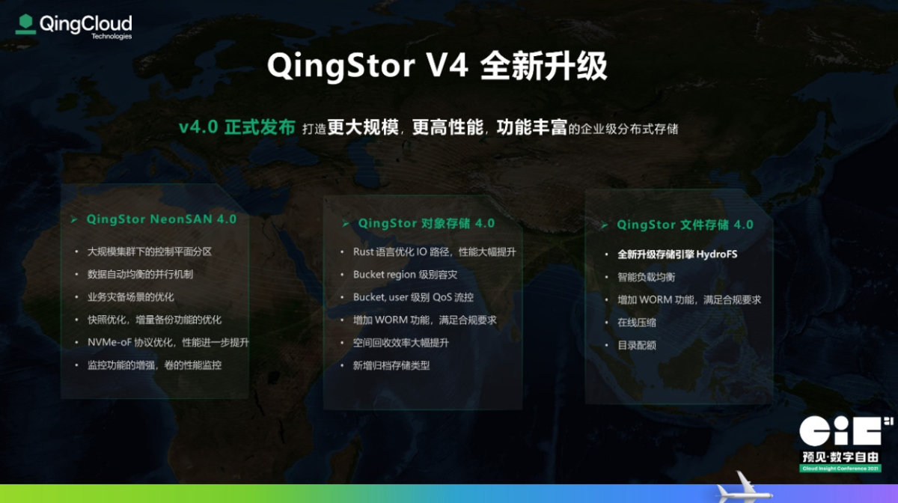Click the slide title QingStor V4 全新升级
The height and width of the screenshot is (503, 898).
437,66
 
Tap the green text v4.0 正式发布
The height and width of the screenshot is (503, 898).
237,127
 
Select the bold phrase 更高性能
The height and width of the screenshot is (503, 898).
448,127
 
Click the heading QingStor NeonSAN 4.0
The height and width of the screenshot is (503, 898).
162,219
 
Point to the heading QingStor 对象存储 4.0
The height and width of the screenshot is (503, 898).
426,223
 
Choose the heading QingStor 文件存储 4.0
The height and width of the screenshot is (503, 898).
685,225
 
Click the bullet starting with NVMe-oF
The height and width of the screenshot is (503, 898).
168,342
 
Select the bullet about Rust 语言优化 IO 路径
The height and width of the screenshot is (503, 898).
435,252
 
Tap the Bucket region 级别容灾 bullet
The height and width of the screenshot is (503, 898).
405,275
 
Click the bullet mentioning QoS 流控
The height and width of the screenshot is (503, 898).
413,297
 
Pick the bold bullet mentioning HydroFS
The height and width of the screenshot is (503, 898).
677,254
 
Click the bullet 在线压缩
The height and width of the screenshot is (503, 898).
637,323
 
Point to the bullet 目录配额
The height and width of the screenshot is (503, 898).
637,345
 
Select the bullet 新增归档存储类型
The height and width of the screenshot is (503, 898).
391,365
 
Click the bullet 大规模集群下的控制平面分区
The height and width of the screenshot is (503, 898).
150,251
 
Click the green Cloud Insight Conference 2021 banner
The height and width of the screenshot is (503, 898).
840,469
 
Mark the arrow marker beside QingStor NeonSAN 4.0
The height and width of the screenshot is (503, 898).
74,219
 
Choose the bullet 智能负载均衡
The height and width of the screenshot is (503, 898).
647,277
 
